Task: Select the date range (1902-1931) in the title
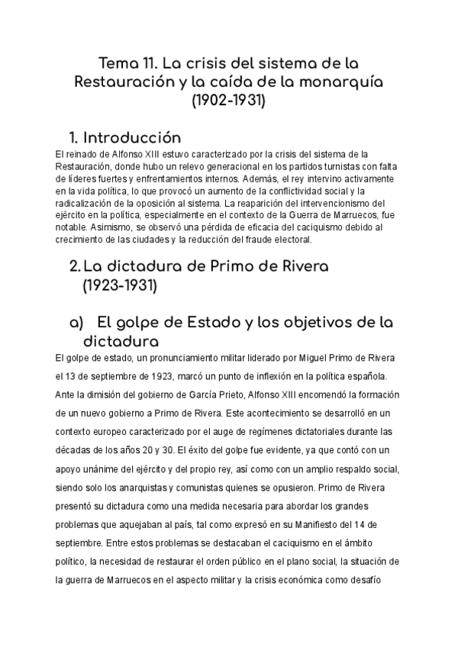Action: click(x=228, y=100)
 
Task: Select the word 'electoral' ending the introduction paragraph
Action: click(x=293, y=240)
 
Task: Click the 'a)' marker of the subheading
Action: click(x=76, y=323)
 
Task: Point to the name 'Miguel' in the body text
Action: click(x=306, y=358)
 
